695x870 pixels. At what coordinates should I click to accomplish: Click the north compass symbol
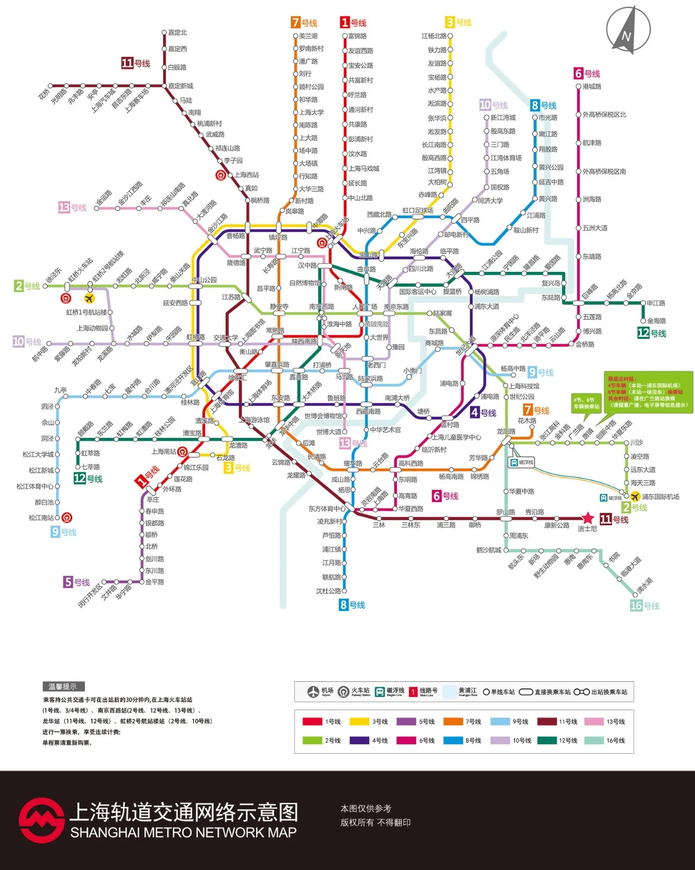pos(628,30)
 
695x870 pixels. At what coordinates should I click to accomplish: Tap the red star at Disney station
pos(587,518)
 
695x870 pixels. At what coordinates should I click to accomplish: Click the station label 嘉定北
pos(177,33)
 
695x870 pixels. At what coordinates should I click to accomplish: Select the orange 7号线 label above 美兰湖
pos(304,22)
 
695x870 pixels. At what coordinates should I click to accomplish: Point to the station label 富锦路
pos(357,36)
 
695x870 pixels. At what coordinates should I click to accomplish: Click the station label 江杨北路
pos(433,36)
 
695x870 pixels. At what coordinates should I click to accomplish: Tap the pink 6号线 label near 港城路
pos(587,73)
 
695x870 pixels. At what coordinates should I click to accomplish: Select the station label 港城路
pos(592,86)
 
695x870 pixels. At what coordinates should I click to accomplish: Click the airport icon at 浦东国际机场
pos(635,496)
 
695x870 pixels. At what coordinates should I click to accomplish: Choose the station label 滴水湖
pos(644,585)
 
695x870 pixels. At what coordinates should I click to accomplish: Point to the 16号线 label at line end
pos(644,605)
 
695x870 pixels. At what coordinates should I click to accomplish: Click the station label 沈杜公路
pos(328,591)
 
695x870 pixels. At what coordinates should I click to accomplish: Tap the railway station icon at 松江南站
pos(66,518)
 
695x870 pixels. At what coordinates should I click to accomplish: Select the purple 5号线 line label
pos(76,582)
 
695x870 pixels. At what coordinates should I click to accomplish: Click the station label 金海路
pos(656,321)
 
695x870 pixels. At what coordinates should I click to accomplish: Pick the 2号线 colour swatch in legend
pos(312,740)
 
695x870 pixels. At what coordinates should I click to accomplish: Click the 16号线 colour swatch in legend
pos(593,740)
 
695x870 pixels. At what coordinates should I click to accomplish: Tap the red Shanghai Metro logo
pos(41,820)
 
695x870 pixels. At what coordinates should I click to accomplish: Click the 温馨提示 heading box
pos(63,686)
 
